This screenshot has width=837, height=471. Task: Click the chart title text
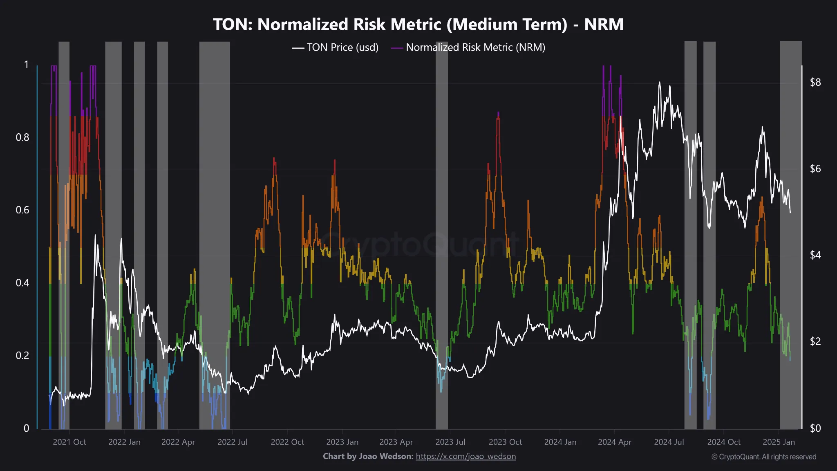pyautogui.click(x=418, y=25)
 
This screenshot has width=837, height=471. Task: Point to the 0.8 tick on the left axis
pyautogui.click(x=22, y=137)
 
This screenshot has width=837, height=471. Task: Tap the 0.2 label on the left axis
pyautogui.click(x=22, y=355)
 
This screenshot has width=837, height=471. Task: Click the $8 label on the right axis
pyautogui.click(x=815, y=83)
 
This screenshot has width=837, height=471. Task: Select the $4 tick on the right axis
pyautogui.click(x=815, y=255)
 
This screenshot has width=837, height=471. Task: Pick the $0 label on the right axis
pyautogui.click(x=815, y=428)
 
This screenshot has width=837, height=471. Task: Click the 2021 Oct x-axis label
pyautogui.click(x=69, y=442)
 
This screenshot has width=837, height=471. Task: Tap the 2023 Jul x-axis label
pyautogui.click(x=450, y=442)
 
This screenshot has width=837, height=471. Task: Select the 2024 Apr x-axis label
pyautogui.click(x=614, y=442)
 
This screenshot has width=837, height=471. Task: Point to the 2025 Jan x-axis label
pyautogui.click(x=779, y=442)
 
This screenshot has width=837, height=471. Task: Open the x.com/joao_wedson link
pyautogui.click(x=465, y=456)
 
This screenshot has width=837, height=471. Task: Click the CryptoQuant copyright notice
pyautogui.click(x=763, y=457)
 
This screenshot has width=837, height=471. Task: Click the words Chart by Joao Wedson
pyautogui.click(x=368, y=456)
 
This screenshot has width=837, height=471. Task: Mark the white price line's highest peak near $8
pyautogui.click(x=659, y=83)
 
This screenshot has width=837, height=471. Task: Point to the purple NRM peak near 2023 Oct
pyautogui.click(x=498, y=114)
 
